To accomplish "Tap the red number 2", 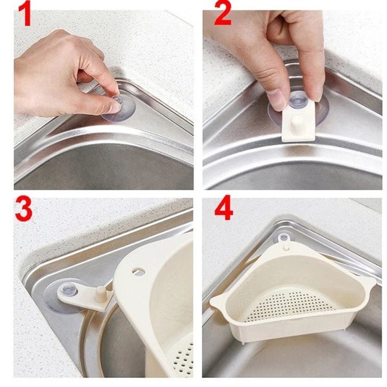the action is pos(223,14).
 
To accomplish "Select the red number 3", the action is pos(23,208).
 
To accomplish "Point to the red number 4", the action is pos(224,208).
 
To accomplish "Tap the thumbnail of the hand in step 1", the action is pos(115,106).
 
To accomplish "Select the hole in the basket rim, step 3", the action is pos(139,271).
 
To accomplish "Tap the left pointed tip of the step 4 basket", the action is pos(212,301).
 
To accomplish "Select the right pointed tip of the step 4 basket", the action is pos(375,284).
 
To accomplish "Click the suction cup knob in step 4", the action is pos(284,238).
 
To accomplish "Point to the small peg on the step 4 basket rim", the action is pos(286,247).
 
